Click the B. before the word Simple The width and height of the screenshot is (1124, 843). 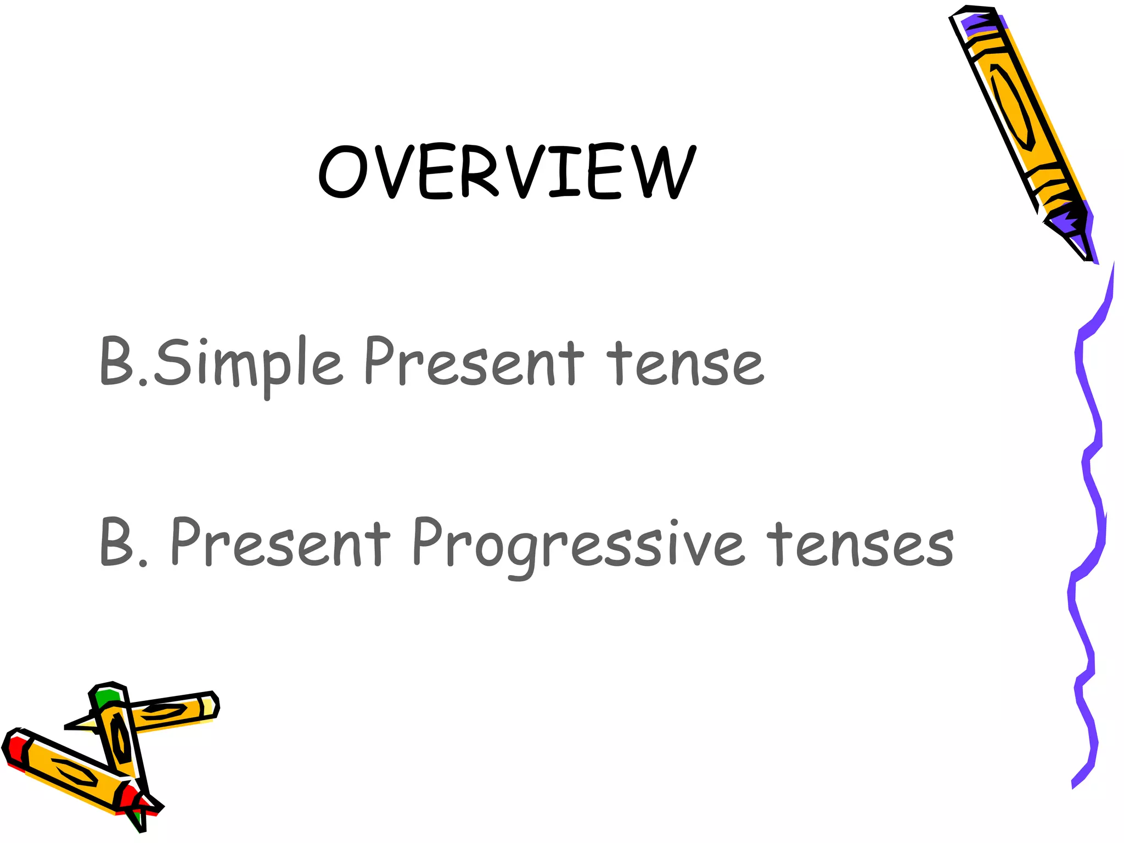123,362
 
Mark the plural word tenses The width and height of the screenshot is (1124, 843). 859,544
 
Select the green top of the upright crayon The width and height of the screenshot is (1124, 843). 107,697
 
